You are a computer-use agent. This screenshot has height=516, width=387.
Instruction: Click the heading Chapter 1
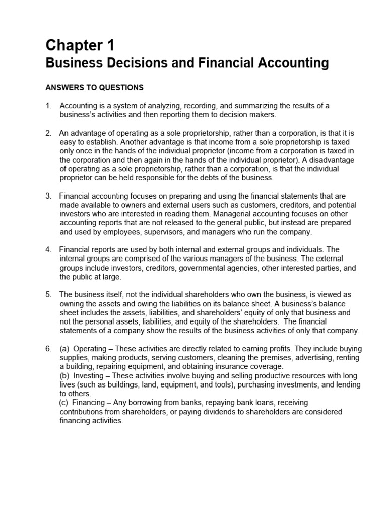80,46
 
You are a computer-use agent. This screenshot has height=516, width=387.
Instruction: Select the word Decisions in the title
130,63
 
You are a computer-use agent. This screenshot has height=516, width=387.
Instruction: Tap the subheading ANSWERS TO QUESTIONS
94,88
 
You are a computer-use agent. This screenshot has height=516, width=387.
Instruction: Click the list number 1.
48,106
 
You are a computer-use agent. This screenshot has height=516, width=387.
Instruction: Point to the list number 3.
48,196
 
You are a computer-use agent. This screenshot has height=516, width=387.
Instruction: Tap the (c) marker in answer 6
63,403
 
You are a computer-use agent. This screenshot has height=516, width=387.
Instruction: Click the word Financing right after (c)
90,403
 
